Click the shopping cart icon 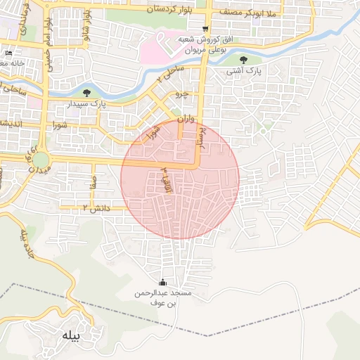point(205,29)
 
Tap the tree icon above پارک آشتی point(244,60)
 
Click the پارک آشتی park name point(244,72)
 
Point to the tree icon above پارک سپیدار point(86,92)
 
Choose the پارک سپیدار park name point(88,104)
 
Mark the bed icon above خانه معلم point(8,53)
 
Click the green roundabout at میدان point(40,160)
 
